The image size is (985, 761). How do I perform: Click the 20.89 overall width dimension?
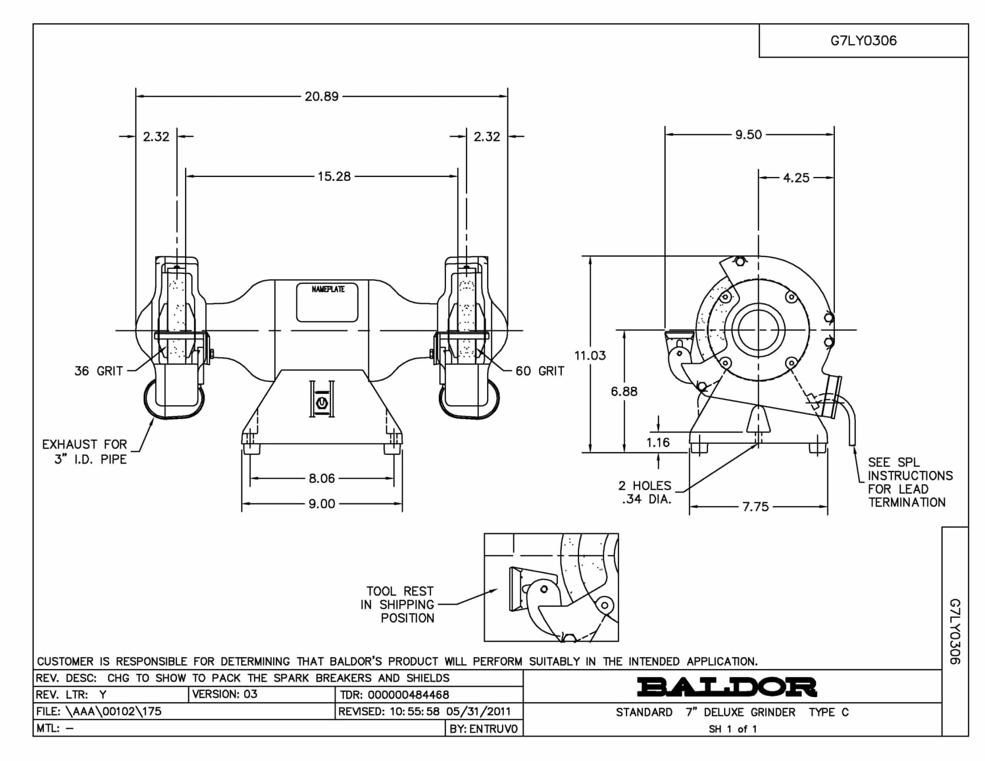tap(322, 97)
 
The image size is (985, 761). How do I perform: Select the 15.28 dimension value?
tap(334, 177)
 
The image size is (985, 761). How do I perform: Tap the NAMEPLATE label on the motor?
tap(328, 289)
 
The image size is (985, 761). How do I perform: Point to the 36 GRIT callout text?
tap(99, 371)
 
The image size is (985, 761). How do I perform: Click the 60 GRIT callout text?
tap(540, 371)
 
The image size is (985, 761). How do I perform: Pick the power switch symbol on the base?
tap(322, 402)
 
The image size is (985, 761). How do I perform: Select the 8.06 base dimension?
tap(322, 479)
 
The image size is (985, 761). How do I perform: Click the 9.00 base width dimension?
tap(322, 504)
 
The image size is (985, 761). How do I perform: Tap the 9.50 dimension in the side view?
tap(748, 135)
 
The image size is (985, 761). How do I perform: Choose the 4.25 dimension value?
tap(796, 178)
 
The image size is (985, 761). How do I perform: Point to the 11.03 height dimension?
tap(590, 355)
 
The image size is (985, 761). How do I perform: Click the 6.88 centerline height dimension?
tap(624, 392)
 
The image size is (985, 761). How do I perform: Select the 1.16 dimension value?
tap(658, 443)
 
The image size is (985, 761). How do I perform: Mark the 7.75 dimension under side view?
tap(756, 507)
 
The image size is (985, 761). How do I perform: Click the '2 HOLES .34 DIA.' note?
tap(645, 493)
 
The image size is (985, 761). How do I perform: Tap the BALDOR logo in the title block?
tap(727, 687)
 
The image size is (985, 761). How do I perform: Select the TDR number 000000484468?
tap(408, 695)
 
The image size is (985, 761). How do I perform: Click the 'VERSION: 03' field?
tap(225, 694)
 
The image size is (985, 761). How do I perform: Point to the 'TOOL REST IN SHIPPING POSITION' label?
tap(397, 605)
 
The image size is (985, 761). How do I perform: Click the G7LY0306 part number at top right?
tap(864, 40)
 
